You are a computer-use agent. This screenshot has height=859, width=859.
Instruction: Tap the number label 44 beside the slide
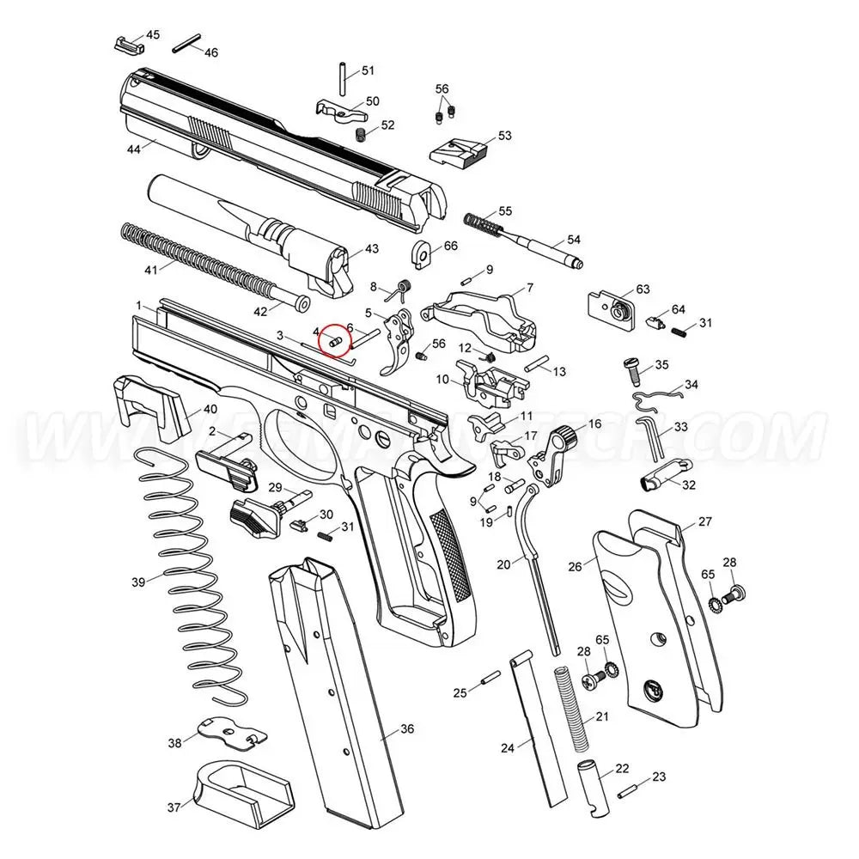tap(133, 149)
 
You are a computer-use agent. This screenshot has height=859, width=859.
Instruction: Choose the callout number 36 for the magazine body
tap(406, 728)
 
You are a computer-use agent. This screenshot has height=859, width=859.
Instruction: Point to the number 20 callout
tap(503, 564)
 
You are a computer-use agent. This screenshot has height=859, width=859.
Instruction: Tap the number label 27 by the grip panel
tap(704, 521)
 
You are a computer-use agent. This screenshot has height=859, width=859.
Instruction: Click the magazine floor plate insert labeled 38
tap(229, 731)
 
